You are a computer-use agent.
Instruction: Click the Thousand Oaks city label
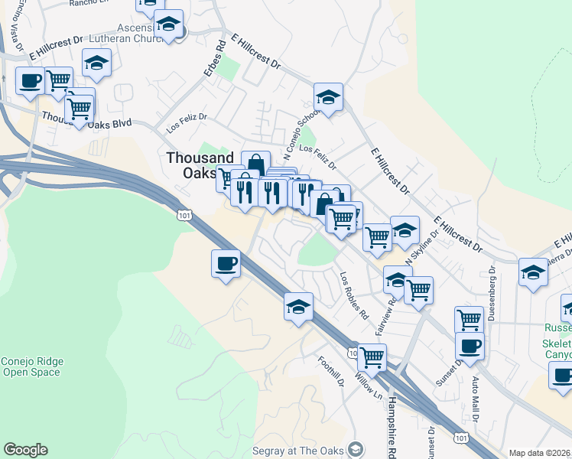pyautogui.click(x=194, y=164)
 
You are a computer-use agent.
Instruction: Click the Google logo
pyautogui.click(x=25, y=450)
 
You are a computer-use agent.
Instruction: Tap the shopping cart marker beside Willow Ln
pyautogui.click(x=372, y=356)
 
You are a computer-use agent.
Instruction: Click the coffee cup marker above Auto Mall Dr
pyautogui.click(x=470, y=345)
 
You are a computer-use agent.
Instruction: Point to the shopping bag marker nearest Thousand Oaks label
pyautogui.click(x=255, y=164)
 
